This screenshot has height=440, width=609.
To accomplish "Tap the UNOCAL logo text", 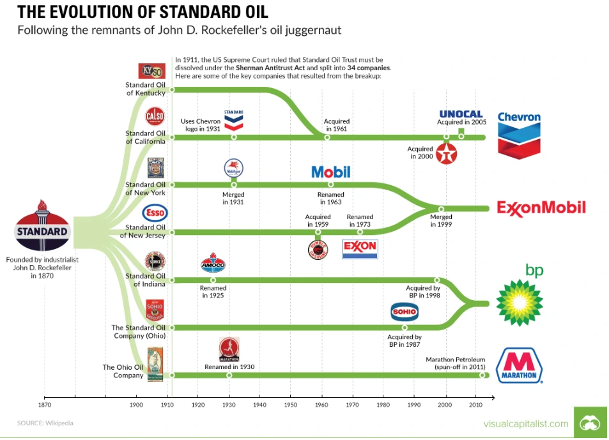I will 460,114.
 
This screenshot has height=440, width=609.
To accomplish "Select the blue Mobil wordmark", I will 331,171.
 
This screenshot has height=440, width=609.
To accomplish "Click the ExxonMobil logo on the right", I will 541,208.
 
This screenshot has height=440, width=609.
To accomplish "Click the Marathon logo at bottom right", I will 519,366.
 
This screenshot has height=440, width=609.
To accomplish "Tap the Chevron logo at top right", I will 519,134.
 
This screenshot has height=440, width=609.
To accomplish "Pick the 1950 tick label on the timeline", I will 290,405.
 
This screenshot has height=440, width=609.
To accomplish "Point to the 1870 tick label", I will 44,405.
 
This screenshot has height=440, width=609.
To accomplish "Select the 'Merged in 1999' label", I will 441,221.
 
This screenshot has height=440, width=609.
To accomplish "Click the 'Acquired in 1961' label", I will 337,125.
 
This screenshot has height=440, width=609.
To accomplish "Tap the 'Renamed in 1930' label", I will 229,367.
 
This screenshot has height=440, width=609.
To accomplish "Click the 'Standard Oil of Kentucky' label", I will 146,89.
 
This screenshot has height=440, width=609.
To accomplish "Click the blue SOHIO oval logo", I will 405,312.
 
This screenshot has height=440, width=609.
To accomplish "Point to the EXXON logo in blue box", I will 360,248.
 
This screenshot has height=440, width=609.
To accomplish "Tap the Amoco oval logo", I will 213,264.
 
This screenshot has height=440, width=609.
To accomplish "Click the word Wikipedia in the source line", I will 59,423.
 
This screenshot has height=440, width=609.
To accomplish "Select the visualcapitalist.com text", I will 525,423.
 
